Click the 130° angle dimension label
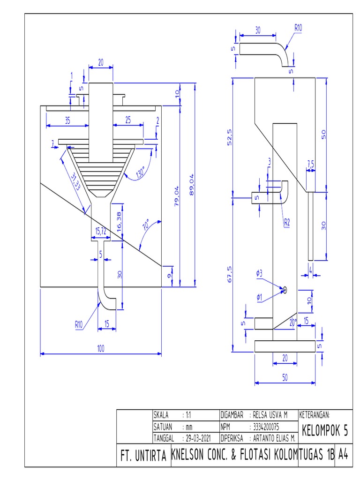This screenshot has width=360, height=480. [x=140, y=173]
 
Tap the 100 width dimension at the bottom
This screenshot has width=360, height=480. [x=101, y=349]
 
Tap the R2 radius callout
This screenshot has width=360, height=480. [x=286, y=223]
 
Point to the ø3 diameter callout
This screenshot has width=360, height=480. [x=259, y=272]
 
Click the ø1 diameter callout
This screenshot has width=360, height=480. [x=259, y=296]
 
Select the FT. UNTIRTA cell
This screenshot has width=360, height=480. [x=143, y=455]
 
